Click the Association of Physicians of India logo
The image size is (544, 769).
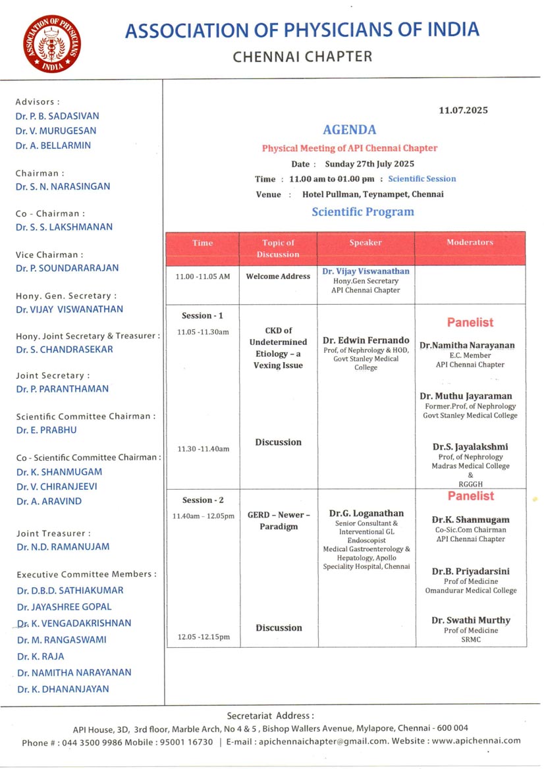point(52,43)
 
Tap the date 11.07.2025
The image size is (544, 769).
point(463,110)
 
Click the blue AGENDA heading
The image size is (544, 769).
point(349,130)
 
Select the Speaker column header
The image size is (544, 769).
point(366,243)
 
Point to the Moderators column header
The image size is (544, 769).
point(470,243)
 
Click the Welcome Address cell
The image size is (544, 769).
point(278,277)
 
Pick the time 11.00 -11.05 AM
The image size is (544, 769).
point(203,277)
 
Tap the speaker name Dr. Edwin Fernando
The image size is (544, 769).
point(366,340)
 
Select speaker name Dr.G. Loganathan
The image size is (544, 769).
point(366,513)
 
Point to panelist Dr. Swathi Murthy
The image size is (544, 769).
point(471,620)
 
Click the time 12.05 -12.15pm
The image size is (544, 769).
point(204,637)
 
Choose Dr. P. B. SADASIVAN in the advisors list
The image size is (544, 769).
point(57,116)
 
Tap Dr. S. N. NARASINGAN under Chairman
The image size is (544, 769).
point(63,186)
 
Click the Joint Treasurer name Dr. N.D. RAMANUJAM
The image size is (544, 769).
point(63,546)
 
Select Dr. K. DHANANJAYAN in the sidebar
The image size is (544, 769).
point(63,689)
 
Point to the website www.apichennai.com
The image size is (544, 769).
point(476,741)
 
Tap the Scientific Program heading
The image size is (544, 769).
point(363,212)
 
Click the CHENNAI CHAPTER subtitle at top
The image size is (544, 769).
point(302,57)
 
